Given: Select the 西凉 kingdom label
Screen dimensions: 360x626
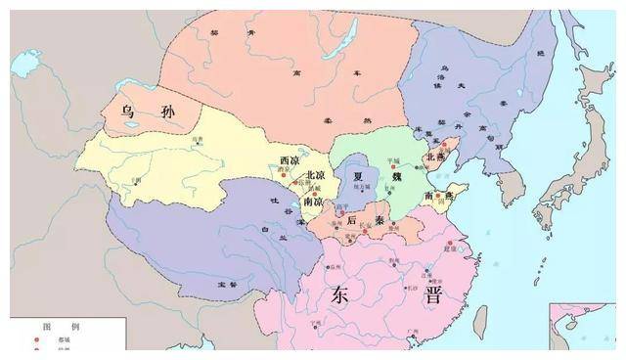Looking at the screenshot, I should coord(290,159).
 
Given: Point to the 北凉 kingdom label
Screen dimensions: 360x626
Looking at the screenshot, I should coord(315,175).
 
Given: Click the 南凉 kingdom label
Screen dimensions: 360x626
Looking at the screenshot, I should coord(313,200).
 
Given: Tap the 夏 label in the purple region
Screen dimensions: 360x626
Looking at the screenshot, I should coord(358,177).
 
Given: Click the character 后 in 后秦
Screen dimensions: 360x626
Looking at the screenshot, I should coord(352,221).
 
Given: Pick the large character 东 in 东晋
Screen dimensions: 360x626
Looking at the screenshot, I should coord(342,294).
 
